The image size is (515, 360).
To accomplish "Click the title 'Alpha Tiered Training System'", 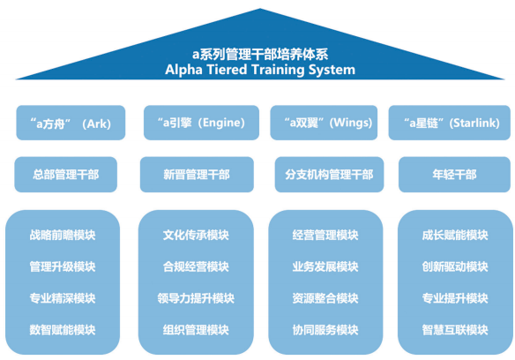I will [260, 69].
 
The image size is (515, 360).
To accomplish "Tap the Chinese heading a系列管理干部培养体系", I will [260, 53].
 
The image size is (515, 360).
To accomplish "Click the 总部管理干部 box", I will [65, 175].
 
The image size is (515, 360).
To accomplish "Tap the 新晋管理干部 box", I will [196, 175].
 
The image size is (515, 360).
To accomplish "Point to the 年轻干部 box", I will [453, 175].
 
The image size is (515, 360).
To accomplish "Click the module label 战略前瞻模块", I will [62, 236].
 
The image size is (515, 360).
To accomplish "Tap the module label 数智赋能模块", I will [62, 330].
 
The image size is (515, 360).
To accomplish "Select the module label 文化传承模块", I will [196, 236].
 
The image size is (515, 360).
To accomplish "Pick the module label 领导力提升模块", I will [196, 298].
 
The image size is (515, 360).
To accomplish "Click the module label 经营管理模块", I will [325, 236].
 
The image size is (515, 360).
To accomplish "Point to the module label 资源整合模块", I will [325, 298].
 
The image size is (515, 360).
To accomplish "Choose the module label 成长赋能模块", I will [455, 236].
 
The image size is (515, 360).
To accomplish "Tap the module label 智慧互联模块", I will [455, 330].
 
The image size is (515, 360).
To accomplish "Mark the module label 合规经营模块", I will [196, 266].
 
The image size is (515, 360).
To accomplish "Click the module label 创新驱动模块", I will [455, 266].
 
